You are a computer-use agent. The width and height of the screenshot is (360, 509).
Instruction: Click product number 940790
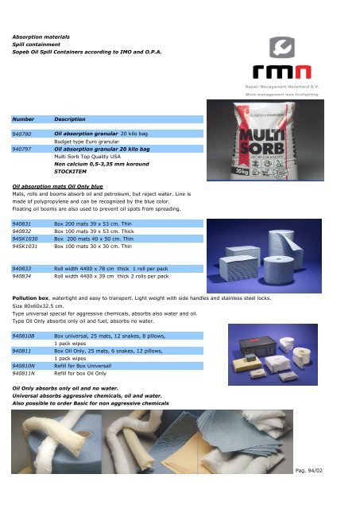pos(21,135)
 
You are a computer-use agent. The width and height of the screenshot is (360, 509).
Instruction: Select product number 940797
pos(21,149)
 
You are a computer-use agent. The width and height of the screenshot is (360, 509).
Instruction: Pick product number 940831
pos(21,225)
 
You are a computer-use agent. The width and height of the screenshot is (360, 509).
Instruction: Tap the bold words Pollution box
pos(31,297)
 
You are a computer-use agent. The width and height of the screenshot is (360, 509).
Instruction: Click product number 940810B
pos(23,336)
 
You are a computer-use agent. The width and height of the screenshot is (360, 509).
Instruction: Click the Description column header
pos(70,118)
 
